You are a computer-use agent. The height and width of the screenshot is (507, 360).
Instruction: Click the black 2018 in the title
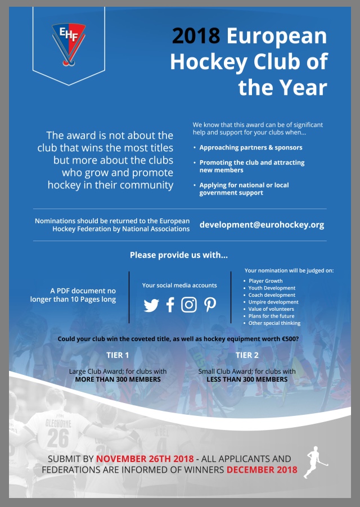[x=196, y=36]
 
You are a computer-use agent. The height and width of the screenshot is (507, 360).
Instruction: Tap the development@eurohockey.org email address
[x=262, y=225]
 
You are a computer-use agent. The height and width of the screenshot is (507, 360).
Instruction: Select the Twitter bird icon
[x=151, y=305]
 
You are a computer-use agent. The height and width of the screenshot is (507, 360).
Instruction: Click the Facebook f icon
[x=170, y=305]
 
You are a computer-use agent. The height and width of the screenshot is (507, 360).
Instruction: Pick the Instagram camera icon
[x=189, y=305]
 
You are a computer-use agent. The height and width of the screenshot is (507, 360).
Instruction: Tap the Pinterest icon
[x=210, y=305]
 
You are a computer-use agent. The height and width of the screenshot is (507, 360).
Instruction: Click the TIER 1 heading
[x=118, y=355]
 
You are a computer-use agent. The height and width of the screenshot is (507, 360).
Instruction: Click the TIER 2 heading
[x=247, y=355]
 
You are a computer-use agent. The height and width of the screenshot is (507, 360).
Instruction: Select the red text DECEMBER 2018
[x=262, y=470]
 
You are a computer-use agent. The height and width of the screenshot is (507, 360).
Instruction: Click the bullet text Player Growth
[x=265, y=280]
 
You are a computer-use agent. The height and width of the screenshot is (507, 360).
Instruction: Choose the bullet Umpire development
[x=273, y=302]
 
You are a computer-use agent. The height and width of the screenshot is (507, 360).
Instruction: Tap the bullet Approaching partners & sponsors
[x=250, y=147]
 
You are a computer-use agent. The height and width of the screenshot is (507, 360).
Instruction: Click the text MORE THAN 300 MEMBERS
[x=118, y=379]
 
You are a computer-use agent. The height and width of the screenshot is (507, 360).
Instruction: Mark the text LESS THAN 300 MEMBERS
[x=247, y=379]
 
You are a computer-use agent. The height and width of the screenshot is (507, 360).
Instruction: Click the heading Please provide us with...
[x=178, y=255]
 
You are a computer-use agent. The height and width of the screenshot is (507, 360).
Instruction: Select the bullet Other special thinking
[x=274, y=323]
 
